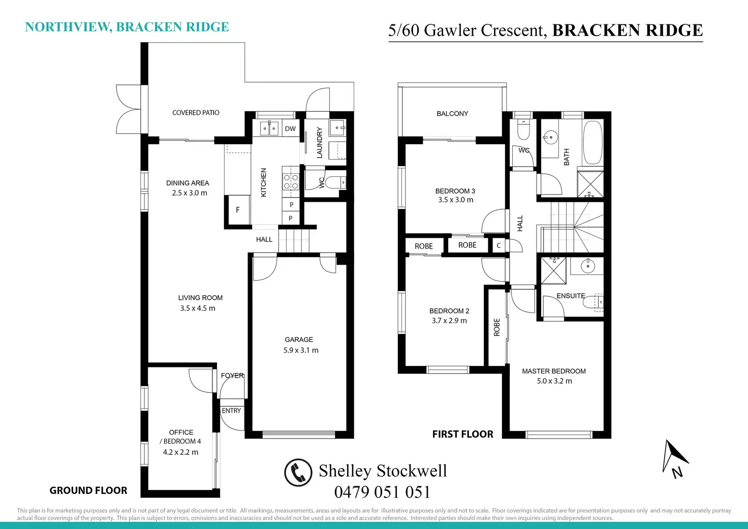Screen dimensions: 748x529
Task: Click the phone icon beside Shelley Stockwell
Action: click(x=298, y=472)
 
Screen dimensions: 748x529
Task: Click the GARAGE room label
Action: click(x=299, y=339)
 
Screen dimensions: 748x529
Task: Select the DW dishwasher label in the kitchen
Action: click(x=290, y=129)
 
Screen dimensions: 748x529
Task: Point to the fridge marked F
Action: click(x=237, y=209)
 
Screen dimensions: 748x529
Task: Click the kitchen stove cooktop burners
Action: click(x=291, y=182)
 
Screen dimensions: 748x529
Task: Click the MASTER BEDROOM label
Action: click(x=554, y=371)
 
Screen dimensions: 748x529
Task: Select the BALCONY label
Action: click(x=452, y=113)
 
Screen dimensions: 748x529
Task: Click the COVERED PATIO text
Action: click(x=196, y=113)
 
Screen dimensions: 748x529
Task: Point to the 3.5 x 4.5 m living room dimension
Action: click(x=198, y=308)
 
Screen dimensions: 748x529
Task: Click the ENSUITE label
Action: click(x=571, y=296)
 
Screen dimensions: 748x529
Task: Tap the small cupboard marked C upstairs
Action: click(x=498, y=245)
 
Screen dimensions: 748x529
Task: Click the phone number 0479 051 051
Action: click(x=382, y=492)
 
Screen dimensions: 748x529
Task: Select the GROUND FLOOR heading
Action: click(x=88, y=490)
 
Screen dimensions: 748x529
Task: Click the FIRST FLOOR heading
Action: click(x=462, y=434)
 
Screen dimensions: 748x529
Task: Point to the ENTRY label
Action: click(x=231, y=411)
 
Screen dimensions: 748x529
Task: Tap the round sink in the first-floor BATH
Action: click(x=550, y=137)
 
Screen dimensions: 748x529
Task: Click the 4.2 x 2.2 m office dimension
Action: click(x=180, y=452)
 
